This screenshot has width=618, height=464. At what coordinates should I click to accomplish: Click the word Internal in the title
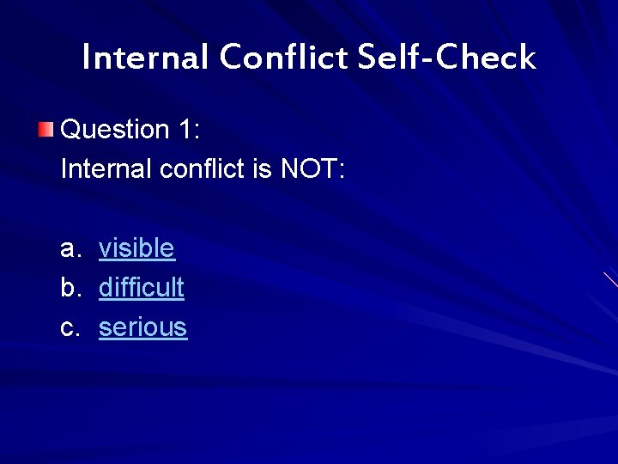[145, 58]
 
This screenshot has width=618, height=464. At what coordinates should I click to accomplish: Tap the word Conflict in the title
[282, 58]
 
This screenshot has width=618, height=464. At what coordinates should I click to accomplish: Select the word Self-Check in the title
[446, 58]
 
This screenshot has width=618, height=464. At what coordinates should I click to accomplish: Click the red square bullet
[45, 130]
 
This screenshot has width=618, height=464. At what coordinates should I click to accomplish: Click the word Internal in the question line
[107, 169]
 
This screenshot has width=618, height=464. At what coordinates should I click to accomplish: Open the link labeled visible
[136, 248]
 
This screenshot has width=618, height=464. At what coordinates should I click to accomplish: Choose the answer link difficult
[141, 288]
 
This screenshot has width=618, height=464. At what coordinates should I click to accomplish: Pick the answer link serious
[142, 327]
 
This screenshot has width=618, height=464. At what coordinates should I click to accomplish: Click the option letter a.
[69, 249]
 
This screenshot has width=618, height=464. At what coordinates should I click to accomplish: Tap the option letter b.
[69, 288]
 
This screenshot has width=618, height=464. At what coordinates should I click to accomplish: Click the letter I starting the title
[87, 58]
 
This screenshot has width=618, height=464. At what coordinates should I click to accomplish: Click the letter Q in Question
[73, 130]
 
